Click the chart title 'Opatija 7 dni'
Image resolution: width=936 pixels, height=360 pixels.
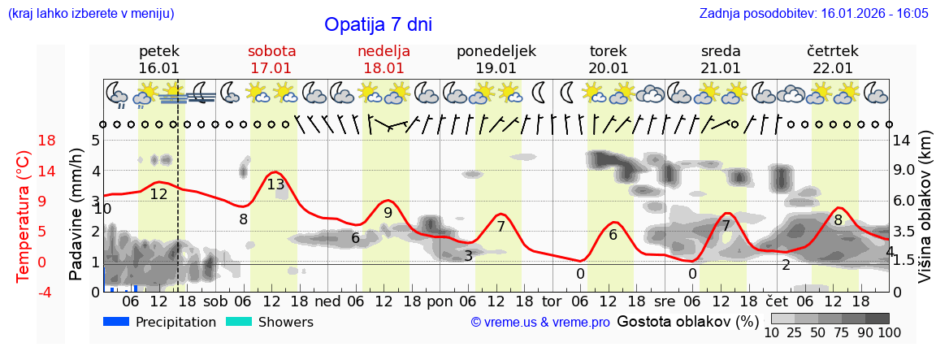coord(378,24)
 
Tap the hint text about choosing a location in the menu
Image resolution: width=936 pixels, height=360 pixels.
coord(90,14)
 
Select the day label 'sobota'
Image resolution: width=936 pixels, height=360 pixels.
coord(271,51)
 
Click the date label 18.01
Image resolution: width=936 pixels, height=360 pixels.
coord(383,68)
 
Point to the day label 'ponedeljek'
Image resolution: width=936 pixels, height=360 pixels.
coord(496,51)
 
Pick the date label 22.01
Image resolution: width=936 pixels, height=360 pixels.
coord(833,68)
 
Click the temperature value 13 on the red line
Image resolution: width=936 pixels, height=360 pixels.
coord(276,184)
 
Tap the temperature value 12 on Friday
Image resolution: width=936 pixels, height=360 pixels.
coord(158,194)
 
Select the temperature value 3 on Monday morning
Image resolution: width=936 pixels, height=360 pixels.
coord(468,256)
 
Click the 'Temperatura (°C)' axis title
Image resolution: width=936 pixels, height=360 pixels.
coord(23,215)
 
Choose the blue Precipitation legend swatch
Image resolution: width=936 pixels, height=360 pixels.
coord(116,322)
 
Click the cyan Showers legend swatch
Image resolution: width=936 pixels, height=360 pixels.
coord(238,322)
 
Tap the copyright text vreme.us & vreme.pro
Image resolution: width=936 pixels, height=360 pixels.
coord(540,323)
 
